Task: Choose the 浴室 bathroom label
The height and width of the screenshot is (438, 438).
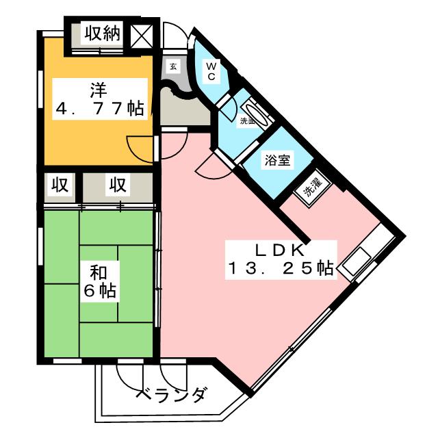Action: click(278, 162)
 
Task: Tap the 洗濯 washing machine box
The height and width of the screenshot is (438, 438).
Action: click(313, 187)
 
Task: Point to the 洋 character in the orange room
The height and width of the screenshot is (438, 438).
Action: click(97, 90)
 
